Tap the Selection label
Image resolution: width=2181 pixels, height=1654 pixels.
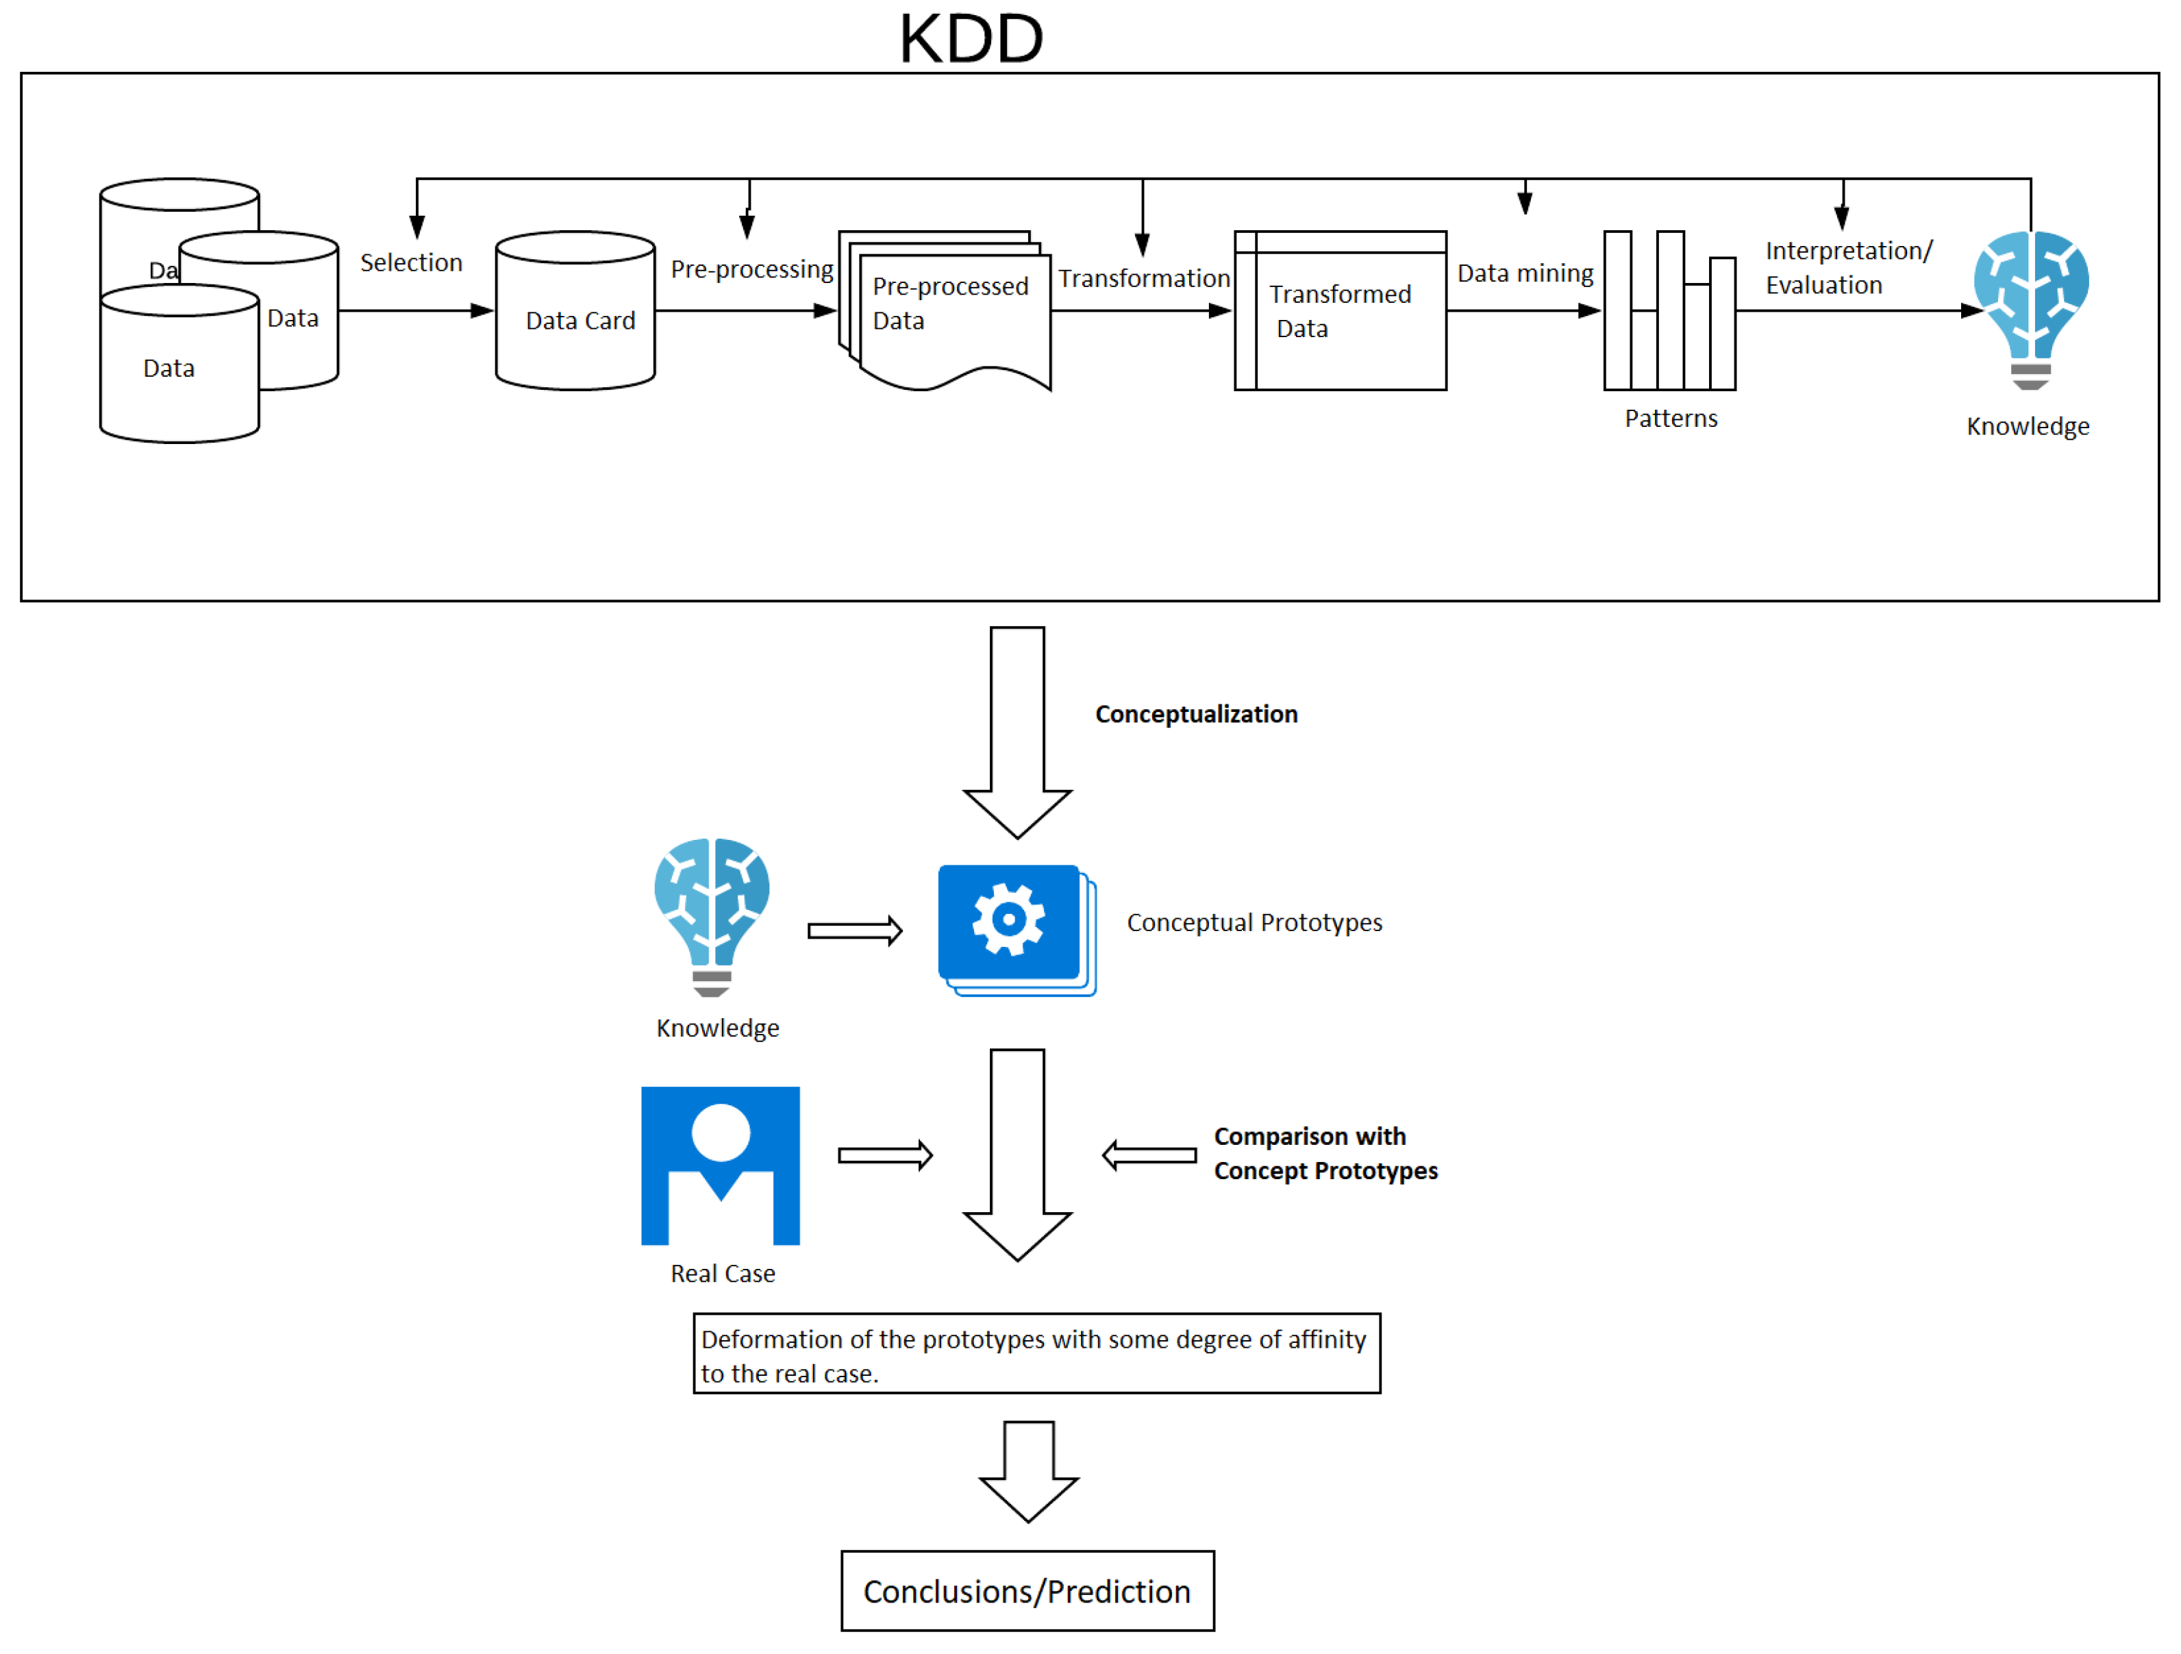click(411, 262)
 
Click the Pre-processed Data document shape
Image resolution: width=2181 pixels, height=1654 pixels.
click(945, 310)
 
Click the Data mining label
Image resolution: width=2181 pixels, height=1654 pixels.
click(1525, 273)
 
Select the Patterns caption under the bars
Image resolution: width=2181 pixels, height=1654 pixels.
click(1671, 418)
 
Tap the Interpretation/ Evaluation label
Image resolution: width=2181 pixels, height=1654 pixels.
click(1849, 267)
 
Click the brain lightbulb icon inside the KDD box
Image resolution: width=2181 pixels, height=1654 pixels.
click(2030, 310)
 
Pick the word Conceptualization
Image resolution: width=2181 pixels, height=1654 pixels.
click(1196, 714)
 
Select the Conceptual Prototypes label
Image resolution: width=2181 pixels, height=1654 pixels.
click(1254, 922)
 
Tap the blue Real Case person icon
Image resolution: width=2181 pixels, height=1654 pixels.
click(720, 1165)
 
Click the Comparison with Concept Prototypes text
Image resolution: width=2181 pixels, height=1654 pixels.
click(1325, 1153)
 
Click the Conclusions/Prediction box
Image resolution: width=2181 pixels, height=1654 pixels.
click(1027, 1591)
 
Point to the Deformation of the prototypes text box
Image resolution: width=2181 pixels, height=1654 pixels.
click(1036, 1353)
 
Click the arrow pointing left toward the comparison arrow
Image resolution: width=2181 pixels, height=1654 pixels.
click(1149, 1155)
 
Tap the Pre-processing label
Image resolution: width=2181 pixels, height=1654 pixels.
click(752, 269)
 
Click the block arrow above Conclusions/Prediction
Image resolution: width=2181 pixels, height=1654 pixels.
click(1028, 1472)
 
